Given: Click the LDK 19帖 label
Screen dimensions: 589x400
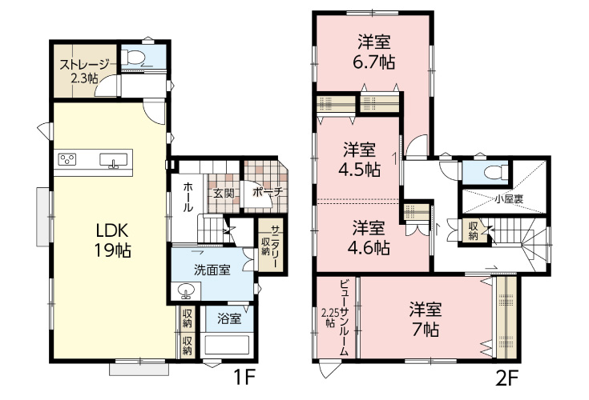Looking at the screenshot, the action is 113,241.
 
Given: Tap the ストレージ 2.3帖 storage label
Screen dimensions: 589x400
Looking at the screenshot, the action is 84,71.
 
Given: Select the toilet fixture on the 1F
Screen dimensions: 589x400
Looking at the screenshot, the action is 133,57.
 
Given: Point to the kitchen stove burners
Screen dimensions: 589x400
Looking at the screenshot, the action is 67,159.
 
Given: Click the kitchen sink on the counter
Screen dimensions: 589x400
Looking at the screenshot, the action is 113,160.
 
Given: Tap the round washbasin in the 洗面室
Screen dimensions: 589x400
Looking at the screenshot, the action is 186,291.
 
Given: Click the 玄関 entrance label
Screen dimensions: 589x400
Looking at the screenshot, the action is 224,194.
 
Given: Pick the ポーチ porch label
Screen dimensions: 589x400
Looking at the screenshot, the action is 268,193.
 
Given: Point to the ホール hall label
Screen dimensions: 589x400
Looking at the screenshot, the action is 188,197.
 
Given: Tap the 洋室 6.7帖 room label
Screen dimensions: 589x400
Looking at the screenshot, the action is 374,52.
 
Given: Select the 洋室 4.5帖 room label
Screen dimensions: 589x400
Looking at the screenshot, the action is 360,160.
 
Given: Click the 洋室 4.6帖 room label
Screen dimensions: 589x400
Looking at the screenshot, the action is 369,238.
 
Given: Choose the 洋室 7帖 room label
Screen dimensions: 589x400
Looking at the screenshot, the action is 426,319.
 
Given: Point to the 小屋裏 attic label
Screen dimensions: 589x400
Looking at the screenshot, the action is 509,199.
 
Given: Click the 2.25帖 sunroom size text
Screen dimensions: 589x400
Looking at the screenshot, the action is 330,318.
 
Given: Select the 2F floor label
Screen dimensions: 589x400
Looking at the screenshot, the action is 507,379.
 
